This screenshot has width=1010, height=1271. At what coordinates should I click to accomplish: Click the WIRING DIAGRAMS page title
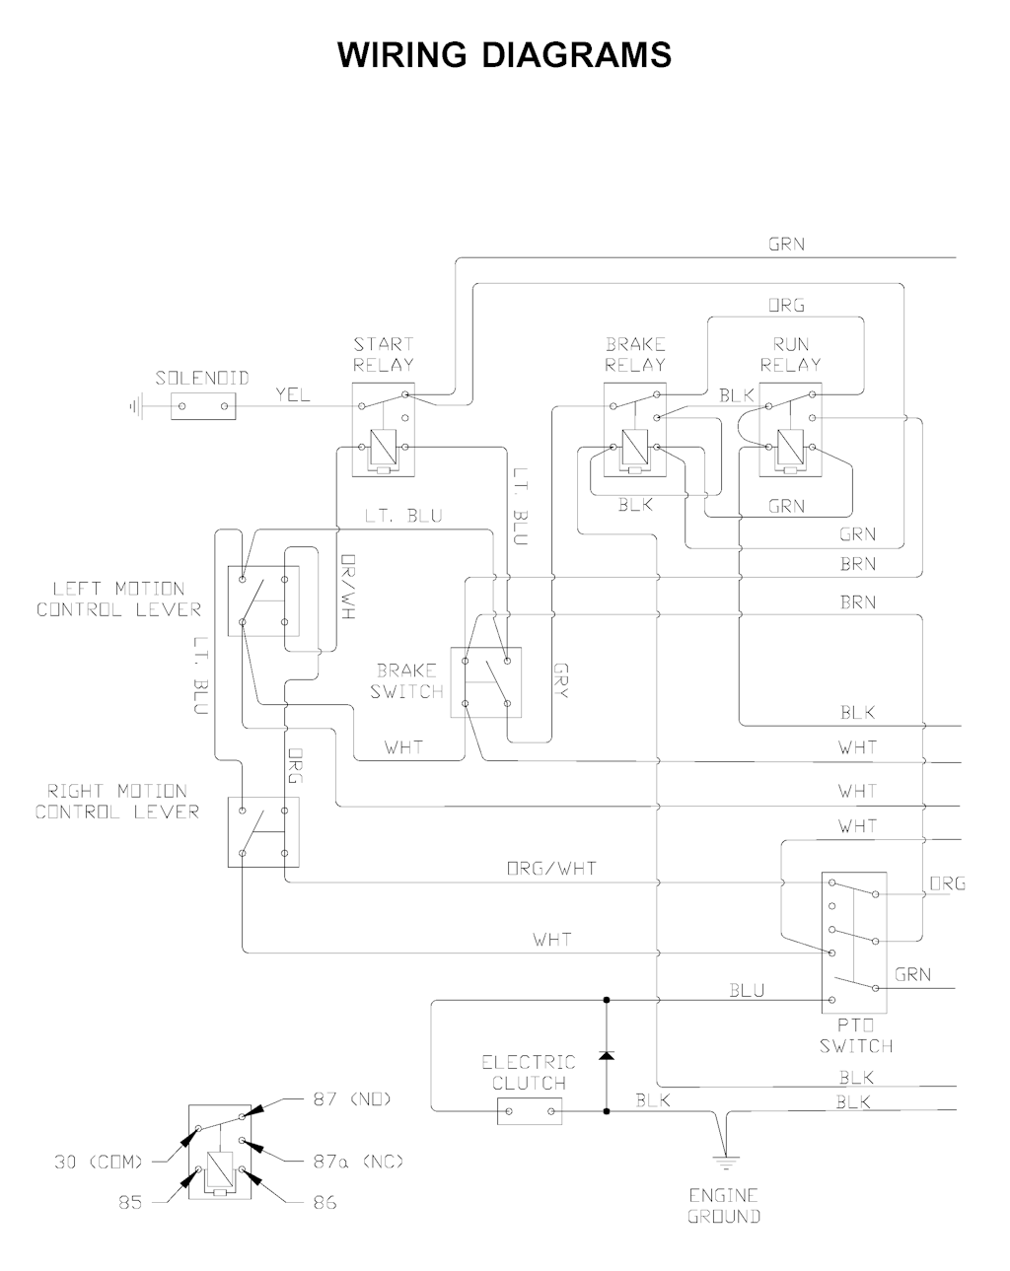(x=504, y=55)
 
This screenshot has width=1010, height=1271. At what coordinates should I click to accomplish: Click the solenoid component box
(x=204, y=405)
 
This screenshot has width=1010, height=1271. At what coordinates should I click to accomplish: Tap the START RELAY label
(x=384, y=354)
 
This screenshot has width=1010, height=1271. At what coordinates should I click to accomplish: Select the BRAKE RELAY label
(x=635, y=354)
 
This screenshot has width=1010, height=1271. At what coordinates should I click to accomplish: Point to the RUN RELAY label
(x=790, y=354)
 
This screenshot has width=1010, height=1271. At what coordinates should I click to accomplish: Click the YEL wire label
(x=292, y=395)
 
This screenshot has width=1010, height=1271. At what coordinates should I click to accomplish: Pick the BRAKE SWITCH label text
(x=406, y=681)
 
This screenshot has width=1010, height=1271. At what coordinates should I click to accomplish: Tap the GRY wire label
(x=561, y=680)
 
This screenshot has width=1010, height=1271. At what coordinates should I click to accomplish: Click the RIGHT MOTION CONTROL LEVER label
(x=117, y=801)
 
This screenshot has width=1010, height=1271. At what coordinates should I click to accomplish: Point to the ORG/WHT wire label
(x=551, y=869)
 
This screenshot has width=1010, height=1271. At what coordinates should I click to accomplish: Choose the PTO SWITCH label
(x=855, y=1035)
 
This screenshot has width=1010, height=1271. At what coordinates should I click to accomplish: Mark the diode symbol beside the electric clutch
(x=606, y=1056)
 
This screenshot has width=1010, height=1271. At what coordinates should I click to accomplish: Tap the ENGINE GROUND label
(x=724, y=1205)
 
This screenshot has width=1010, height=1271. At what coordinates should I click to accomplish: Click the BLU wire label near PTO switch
(x=747, y=990)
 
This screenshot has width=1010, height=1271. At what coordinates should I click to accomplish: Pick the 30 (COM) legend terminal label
(x=99, y=1162)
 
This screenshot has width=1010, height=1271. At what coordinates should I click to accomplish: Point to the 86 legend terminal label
(x=325, y=1202)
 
